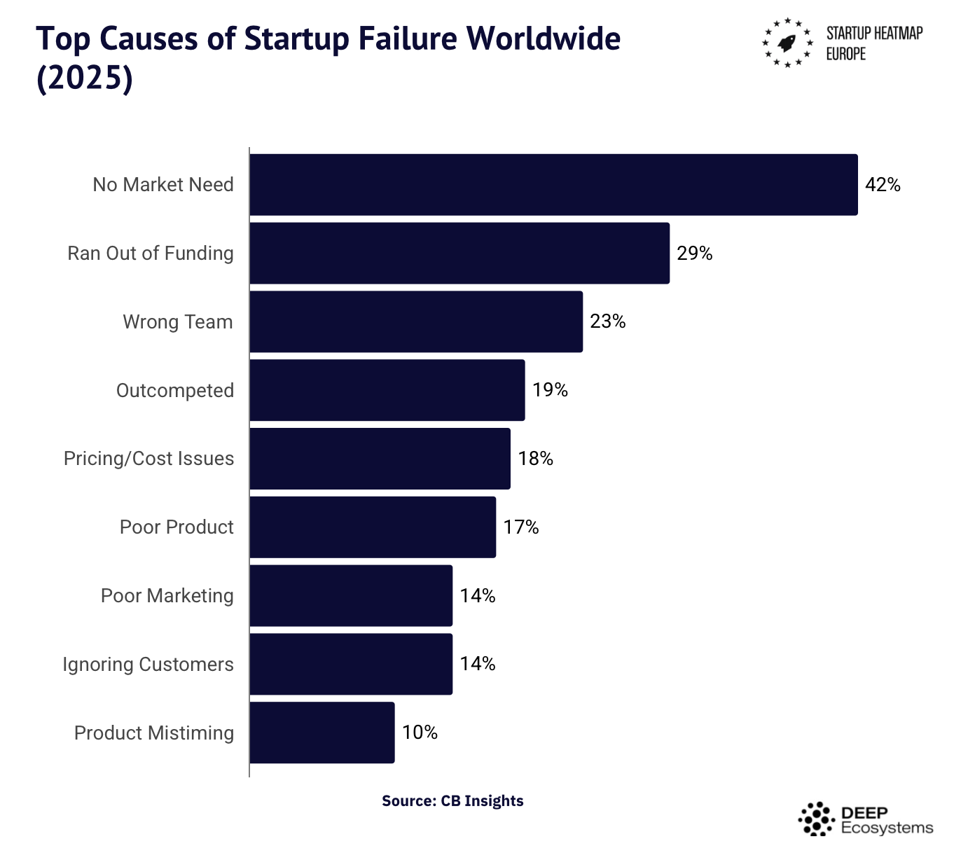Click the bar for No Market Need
coord(553,185)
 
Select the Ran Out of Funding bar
coord(459,254)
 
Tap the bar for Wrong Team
coord(416,321)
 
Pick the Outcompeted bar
coord(387,390)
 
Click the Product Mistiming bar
coord(322,733)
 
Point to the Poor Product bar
coord(373,527)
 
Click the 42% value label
coord(883,185)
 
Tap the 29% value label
coord(694,254)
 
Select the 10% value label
coord(420,733)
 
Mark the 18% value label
coord(535,459)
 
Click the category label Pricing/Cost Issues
coord(148,459)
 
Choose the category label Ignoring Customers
coord(148,664)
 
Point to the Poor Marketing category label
coord(167,595)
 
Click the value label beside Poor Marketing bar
coord(477,595)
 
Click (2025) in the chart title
coord(84,78)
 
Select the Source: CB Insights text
coord(452,800)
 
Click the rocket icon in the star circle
coord(787,43)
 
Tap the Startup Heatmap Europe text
coord(874,43)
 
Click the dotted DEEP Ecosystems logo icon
coord(816,819)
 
